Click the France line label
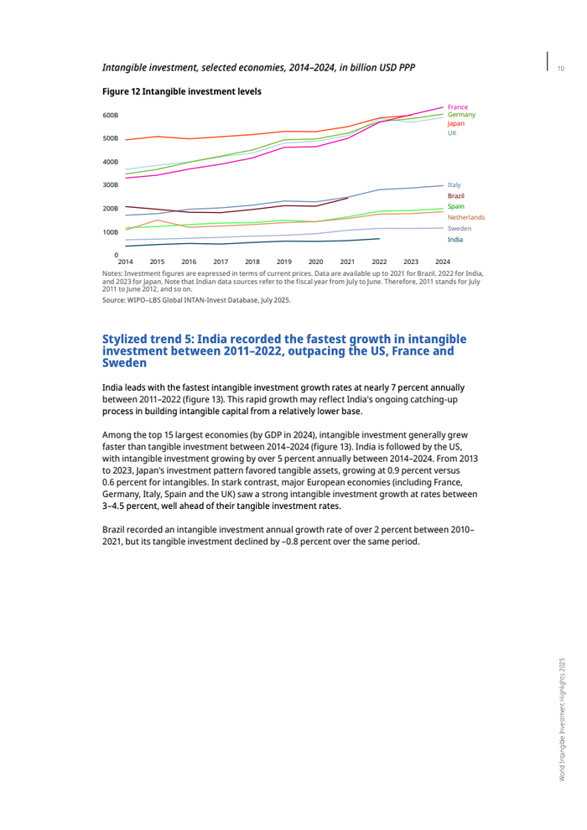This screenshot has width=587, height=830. (457, 106)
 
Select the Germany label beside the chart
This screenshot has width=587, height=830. (461, 115)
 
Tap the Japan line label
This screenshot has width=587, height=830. (456, 123)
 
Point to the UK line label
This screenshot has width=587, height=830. (452, 132)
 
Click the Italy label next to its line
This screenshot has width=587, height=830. (454, 184)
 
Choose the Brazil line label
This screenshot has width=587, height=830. (455, 195)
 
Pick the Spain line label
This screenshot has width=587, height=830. (455, 206)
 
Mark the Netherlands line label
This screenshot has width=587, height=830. (465, 217)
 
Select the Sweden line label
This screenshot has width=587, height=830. (459, 228)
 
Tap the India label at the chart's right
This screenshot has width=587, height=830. (455, 240)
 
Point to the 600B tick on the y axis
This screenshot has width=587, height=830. (111, 115)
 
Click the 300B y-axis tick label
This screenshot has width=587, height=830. (111, 185)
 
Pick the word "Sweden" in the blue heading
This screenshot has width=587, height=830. (124, 364)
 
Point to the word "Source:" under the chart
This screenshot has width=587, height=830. (114, 299)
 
